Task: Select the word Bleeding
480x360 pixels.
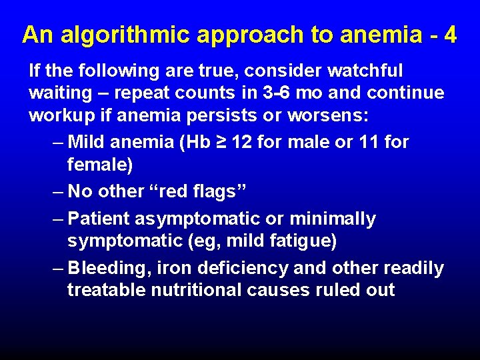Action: pyautogui.click(x=109, y=268)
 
